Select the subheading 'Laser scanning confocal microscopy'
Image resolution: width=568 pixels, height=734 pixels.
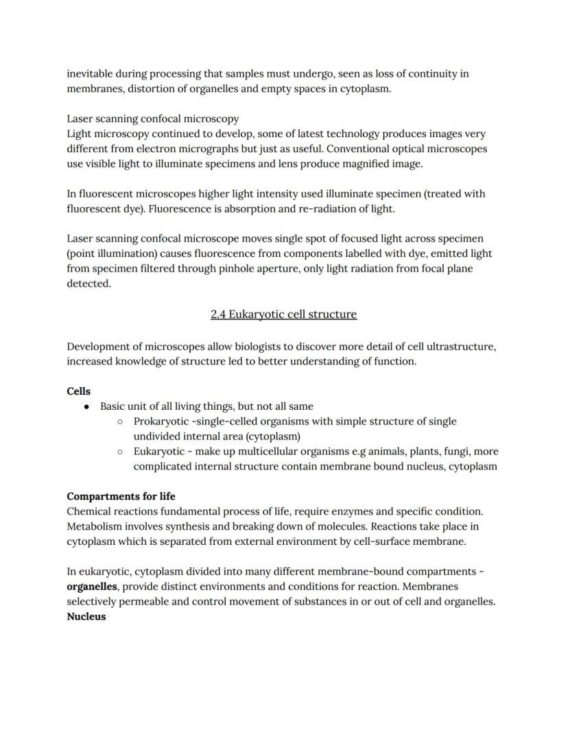click(x=152, y=119)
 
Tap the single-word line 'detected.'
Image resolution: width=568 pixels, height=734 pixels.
click(x=88, y=284)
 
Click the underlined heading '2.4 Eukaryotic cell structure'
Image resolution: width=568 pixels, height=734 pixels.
click(x=283, y=314)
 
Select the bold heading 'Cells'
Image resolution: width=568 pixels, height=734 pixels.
click(x=78, y=391)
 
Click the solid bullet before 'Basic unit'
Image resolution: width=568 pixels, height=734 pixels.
click(x=87, y=406)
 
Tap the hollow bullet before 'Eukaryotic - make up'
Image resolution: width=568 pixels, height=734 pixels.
click(x=120, y=452)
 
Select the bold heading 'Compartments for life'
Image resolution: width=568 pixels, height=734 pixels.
click(x=121, y=496)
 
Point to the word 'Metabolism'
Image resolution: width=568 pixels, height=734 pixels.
click(x=95, y=526)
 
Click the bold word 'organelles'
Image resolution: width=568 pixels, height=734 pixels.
click(x=92, y=587)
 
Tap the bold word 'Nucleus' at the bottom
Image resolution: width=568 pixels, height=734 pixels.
click(x=86, y=616)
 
